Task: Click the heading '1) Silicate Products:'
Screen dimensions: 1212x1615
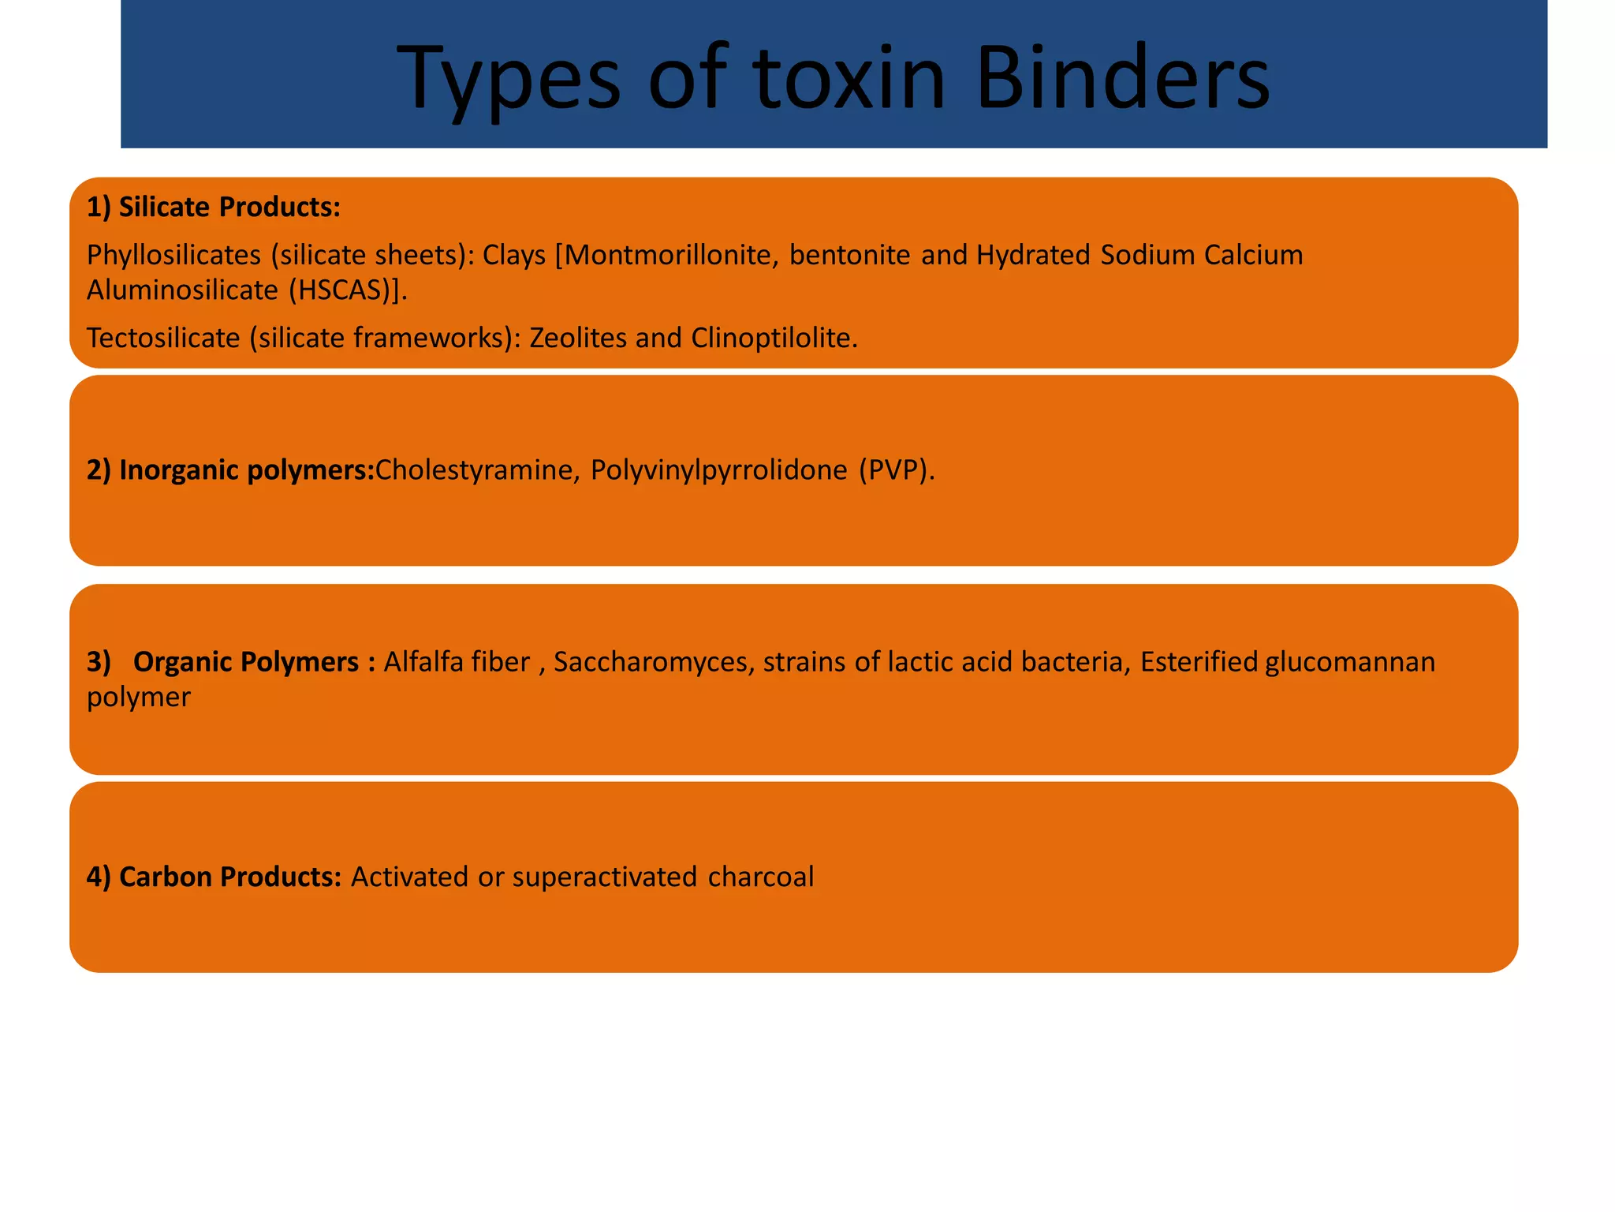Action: tap(214, 207)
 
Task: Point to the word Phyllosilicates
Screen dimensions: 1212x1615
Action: tap(173, 255)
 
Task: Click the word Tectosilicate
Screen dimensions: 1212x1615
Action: tap(163, 338)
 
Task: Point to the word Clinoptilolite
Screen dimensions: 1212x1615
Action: tap(774, 338)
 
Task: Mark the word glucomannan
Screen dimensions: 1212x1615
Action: tap(1350, 662)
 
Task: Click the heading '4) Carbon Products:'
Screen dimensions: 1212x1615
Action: tap(214, 877)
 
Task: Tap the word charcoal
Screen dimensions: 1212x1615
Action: tap(761, 877)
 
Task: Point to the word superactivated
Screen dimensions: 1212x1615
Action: tap(605, 877)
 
